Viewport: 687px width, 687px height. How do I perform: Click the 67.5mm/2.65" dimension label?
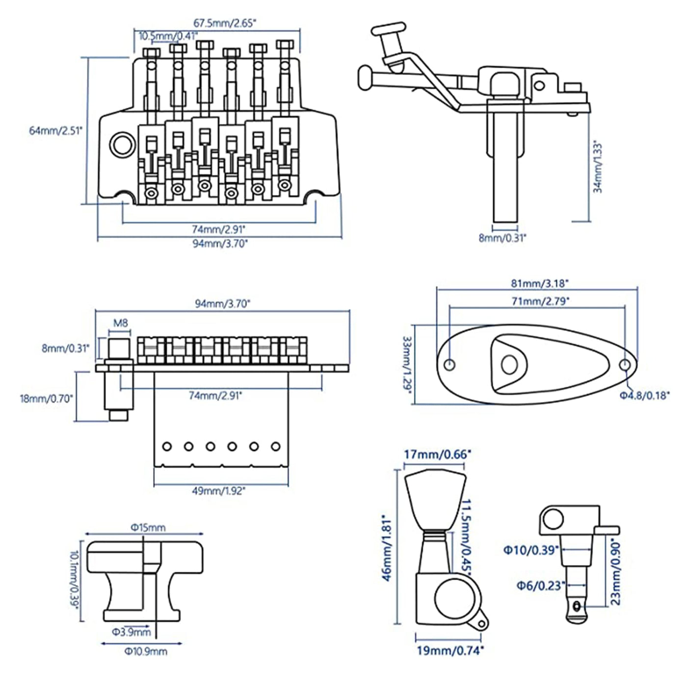pyautogui.click(x=225, y=23)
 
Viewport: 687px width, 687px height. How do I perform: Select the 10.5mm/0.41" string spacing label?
pyautogui.click(x=168, y=36)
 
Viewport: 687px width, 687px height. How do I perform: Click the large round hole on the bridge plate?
pyautogui.click(x=121, y=145)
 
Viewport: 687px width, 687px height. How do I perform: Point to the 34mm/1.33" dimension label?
pyautogui.click(x=597, y=167)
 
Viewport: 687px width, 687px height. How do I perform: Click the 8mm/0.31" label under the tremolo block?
pyautogui.click(x=502, y=238)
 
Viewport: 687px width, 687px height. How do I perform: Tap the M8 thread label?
pyautogui.click(x=120, y=323)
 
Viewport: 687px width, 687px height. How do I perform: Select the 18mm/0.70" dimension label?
pyautogui.click(x=47, y=398)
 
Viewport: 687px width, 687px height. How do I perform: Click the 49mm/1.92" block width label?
pyautogui.click(x=219, y=491)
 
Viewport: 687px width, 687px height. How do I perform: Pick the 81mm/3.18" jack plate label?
pyautogui.click(x=539, y=283)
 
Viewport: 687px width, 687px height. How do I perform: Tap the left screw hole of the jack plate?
pyautogui.click(x=449, y=365)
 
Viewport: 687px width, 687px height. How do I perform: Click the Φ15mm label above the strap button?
pyautogui.click(x=148, y=528)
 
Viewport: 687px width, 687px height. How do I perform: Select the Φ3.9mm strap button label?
pyautogui.click(x=131, y=632)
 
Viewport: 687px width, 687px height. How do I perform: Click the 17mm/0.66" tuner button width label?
pyautogui.click(x=437, y=454)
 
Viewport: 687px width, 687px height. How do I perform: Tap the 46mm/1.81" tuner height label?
pyautogui.click(x=387, y=548)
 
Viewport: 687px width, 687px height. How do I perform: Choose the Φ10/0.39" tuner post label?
pyautogui.click(x=531, y=550)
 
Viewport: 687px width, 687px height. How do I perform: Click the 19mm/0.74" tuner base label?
pyautogui.click(x=450, y=651)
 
